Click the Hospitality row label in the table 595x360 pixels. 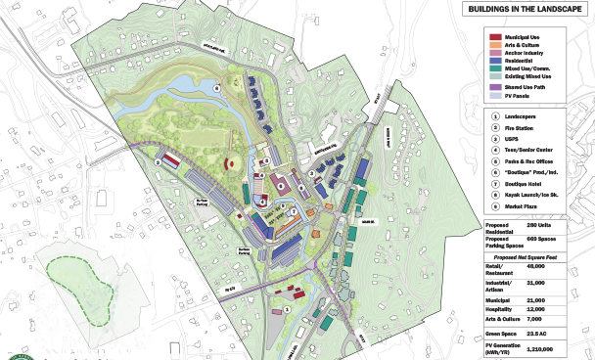tap(503, 309)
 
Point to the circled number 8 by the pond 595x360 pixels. tap(218, 86)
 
